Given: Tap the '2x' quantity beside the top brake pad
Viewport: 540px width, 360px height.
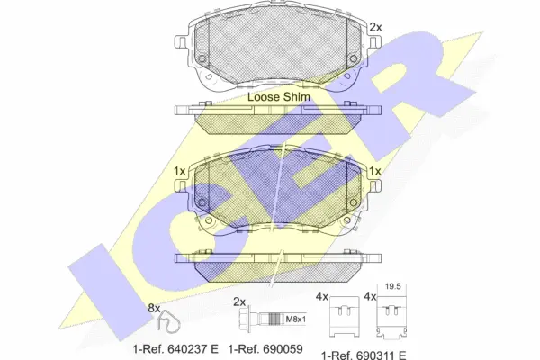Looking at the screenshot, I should (x=375, y=27).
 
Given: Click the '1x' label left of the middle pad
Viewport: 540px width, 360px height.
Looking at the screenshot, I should (x=180, y=171).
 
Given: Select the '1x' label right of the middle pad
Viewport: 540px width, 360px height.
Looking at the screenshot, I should (x=375, y=171).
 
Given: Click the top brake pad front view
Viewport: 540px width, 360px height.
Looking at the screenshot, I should (x=274, y=49).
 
